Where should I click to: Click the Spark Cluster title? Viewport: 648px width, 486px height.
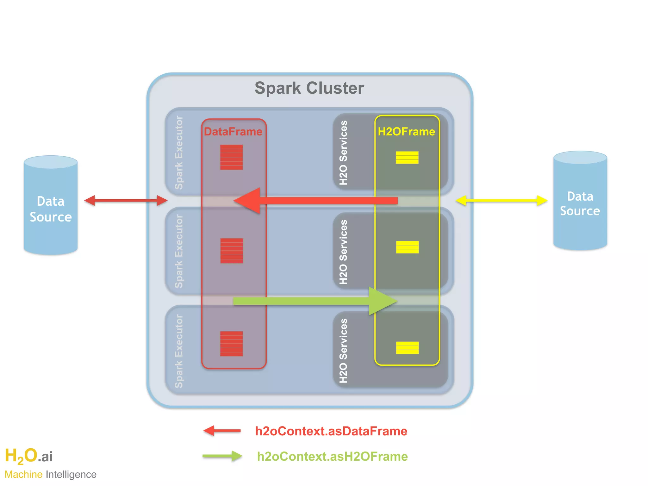pyautogui.click(x=309, y=88)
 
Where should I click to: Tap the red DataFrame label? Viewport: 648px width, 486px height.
pyautogui.click(x=233, y=132)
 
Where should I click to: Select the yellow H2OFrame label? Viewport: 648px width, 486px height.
pyautogui.click(x=406, y=132)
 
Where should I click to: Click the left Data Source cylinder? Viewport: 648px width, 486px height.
pyautogui.click(x=51, y=209)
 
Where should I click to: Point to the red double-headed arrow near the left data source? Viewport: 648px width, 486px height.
pyautogui.click(x=126, y=200)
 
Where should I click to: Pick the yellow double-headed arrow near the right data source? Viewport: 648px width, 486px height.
pyautogui.click(x=501, y=200)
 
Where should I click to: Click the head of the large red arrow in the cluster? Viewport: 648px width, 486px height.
pyautogui.click(x=248, y=201)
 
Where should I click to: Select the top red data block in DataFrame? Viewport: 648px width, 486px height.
pyautogui.click(x=232, y=157)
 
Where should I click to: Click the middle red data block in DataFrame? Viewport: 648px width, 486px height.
pyautogui.click(x=232, y=251)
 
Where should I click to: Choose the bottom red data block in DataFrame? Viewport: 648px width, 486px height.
pyautogui.click(x=232, y=344)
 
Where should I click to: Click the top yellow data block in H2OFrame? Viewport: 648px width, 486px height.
pyautogui.click(x=407, y=158)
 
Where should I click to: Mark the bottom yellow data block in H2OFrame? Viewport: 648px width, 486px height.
pyautogui.click(x=407, y=348)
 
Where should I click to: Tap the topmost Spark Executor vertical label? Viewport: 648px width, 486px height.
pyautogui.click(x=179, y=153)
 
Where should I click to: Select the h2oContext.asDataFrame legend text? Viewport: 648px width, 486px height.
pyautogui.click(x=331, y=431)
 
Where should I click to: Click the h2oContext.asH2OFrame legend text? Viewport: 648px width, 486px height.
pyautogui.click(x=332, y=457)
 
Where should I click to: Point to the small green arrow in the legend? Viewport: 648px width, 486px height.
pyautogui.click(x=222, y=456)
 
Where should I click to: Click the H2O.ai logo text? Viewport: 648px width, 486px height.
pyautogui.click(x=29, y=456)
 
